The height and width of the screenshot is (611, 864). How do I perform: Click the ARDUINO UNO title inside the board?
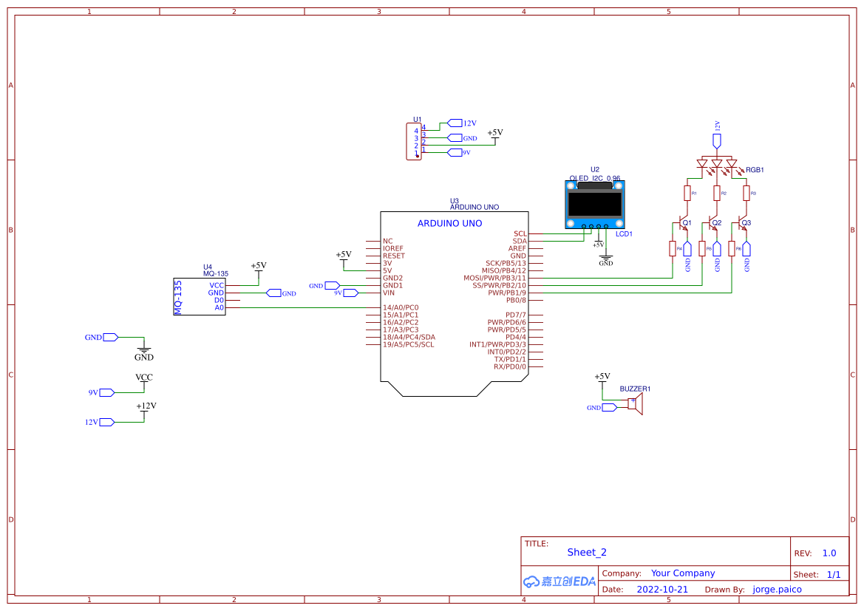449,223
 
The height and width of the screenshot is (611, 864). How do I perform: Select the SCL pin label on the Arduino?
520,233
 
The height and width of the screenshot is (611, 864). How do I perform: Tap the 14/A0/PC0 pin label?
401,307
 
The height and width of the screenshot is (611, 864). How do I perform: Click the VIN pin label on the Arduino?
388,293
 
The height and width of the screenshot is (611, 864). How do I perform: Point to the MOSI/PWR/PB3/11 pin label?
494,278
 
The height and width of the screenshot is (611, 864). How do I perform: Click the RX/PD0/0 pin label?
509,366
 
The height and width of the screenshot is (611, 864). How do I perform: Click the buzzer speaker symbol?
636,403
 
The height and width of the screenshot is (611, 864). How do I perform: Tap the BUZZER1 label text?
635,389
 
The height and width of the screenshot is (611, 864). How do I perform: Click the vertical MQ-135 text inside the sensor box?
177,297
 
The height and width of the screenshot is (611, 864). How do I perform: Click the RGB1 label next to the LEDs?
754,170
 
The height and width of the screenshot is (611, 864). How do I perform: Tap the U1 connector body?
413,141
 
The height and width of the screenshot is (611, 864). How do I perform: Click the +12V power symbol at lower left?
146,407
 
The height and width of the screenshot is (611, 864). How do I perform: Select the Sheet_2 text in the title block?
587,552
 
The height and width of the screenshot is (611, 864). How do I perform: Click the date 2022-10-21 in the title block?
662,590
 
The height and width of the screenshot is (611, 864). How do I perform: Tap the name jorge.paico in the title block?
777,590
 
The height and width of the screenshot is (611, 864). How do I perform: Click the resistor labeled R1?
687,193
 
